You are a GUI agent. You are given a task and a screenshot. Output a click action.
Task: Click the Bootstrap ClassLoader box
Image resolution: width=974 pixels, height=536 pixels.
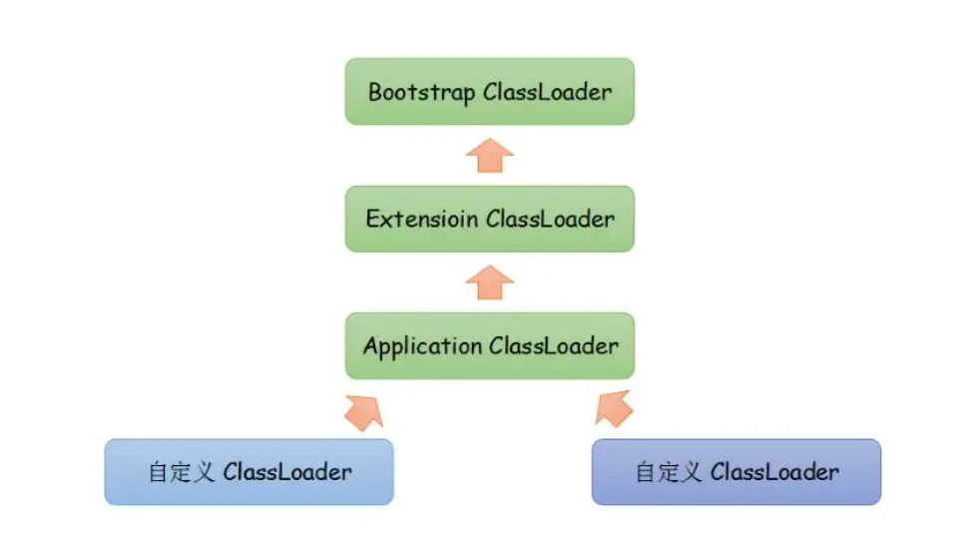[x=489, y=91]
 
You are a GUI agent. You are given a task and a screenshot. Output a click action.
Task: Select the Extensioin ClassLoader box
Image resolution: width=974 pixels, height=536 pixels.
[x=489, y=219]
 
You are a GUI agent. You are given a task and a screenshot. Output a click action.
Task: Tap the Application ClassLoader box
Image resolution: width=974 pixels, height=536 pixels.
[x=489, y=346]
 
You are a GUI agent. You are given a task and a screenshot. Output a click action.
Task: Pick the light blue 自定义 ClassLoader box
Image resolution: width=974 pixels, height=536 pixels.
[x=249, y=472]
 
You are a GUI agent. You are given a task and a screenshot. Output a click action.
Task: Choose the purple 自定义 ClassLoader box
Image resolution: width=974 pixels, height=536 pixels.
[x=736, y=472]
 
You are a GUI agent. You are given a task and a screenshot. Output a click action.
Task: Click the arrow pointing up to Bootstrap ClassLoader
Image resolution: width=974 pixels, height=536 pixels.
[x=490, y=156]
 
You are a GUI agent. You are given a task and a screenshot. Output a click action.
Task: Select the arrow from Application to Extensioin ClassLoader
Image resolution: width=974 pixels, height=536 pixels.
[x=490, y=282]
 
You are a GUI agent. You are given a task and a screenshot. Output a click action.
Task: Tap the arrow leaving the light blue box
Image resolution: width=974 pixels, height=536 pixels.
[x=365, y=412]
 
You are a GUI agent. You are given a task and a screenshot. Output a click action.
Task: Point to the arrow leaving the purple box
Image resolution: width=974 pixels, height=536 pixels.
[x=614, y=409]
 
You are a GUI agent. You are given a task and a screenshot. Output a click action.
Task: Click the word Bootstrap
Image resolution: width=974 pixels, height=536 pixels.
[x=422, y=93]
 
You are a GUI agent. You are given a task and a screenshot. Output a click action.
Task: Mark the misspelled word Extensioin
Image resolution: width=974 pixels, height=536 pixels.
[x=422, y=219]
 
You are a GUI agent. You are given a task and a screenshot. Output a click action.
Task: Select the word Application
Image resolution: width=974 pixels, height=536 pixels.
[x=422, y=346]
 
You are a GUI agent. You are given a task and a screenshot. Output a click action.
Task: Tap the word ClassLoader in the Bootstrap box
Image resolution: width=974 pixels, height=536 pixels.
[x=547, y=92]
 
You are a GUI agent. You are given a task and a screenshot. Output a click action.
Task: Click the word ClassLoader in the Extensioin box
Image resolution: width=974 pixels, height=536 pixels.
[x=550, y=219]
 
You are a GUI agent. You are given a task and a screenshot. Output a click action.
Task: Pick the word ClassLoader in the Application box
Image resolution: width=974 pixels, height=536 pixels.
[x=554, y=346]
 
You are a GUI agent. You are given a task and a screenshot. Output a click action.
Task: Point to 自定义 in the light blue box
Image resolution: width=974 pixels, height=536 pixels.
[x=182, y=472]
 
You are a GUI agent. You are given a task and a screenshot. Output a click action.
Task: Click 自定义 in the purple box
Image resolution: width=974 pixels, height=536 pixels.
[x=669, y=472]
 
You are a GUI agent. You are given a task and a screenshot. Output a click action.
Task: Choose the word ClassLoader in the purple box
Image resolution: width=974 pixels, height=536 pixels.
[x=774, y=472]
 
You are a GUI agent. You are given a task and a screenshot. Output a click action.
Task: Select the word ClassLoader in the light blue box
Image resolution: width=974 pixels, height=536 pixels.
[x=287, y=472]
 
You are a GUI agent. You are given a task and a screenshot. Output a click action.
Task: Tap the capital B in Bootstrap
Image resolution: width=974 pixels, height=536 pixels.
[x=375, y=92]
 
